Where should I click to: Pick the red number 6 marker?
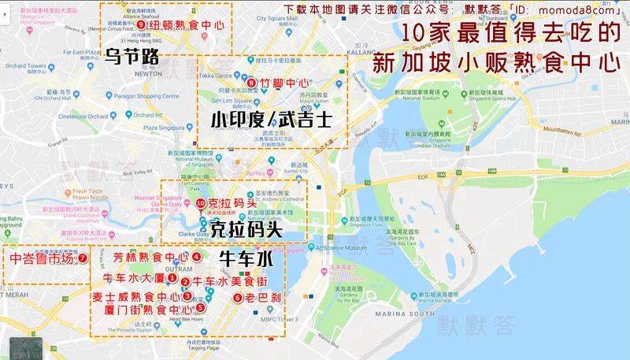[237, 298]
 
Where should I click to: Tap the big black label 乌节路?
[132, 56]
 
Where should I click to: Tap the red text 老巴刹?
[260, 298]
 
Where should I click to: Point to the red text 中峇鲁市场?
[41, 258]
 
